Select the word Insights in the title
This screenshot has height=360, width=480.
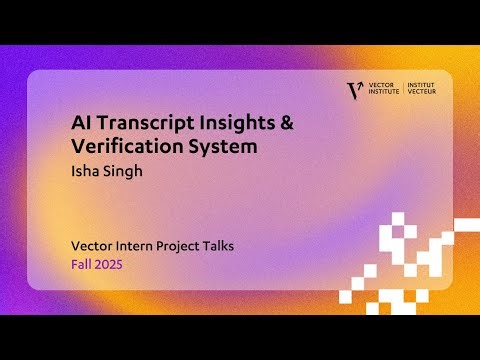(225, 122)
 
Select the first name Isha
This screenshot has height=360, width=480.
(84, 170)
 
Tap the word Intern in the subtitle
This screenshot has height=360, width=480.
(140, 245)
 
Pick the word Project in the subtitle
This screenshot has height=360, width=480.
(192, 245)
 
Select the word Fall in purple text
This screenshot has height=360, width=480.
(81, 266)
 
